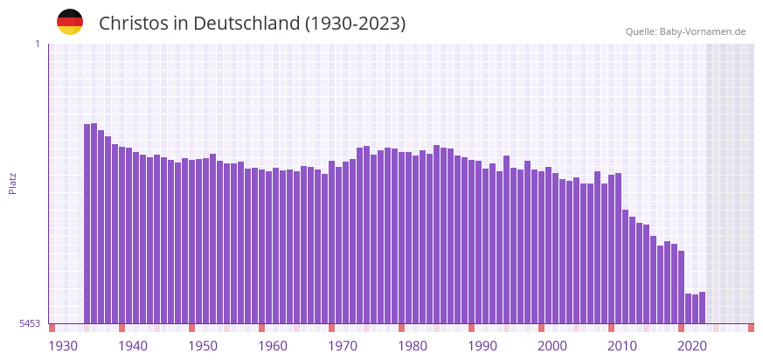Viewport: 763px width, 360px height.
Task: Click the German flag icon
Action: pos(70,22)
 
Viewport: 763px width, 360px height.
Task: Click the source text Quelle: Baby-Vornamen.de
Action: pos(685,31)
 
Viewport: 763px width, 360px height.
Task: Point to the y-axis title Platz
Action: pos(12,183)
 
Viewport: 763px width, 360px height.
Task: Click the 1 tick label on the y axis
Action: pos(37,44)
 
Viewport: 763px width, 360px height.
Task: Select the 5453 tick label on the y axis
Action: pos(31,323)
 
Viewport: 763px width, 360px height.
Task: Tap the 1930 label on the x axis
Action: pos(63,346)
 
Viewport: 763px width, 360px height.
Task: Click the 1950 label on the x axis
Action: pos(203,346)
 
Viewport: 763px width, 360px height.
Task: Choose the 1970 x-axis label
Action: pos(343,346)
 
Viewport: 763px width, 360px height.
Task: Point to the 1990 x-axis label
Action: pos(482,346)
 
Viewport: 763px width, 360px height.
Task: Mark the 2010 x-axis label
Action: pos(622,346)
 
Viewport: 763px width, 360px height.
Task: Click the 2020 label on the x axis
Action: pos(692,346)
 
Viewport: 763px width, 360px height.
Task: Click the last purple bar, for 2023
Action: pos(703,308)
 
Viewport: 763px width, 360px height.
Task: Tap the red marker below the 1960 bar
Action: pos(261,328)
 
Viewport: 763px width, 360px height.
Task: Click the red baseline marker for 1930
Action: pos(52,328)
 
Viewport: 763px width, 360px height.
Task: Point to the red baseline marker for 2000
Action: pos(542,328)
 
